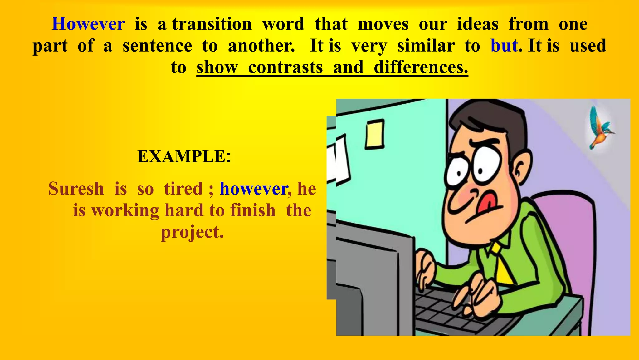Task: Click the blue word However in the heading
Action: (x=88, y=24)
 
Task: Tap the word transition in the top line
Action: (x=212, y=24)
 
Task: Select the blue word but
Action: (x=504, y=46)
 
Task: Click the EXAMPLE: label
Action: (x=184, y=156)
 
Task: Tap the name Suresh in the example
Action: (x=76, y=189)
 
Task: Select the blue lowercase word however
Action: (x=253, y=189)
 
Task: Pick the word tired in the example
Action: (x=183, y=189)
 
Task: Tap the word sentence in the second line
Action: (x=157, y=46)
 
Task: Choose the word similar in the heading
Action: (x=426, y=46)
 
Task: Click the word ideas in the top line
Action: (x=477, y=24)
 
